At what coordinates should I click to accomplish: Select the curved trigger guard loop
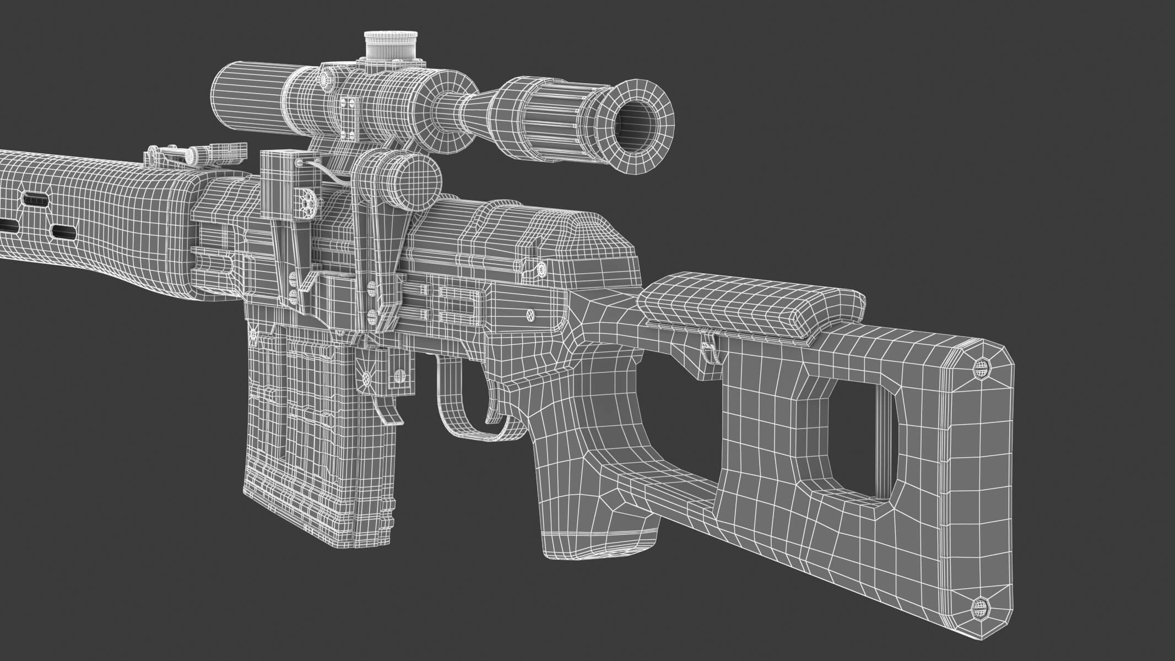[468, 408]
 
